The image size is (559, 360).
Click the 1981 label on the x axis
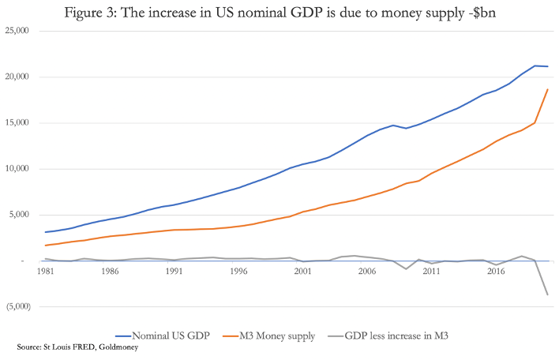coord(46,271)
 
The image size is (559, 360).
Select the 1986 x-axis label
coord(110,271)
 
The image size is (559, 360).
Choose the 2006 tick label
coord(366,271)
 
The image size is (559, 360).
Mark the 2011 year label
coord(431,271)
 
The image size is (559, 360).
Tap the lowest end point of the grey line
coord(547,294)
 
